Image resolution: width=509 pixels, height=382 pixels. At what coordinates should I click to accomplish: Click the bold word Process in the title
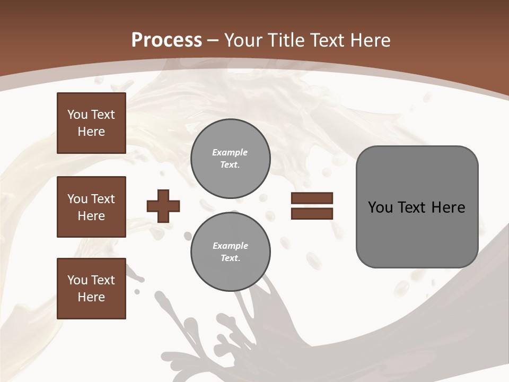166,40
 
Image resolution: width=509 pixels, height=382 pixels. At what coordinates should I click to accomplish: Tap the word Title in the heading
285,40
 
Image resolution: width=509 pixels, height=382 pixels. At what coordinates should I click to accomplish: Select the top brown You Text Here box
91,123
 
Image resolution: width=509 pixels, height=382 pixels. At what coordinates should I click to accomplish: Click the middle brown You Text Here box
91,207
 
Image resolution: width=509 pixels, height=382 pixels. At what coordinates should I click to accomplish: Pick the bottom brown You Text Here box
91,289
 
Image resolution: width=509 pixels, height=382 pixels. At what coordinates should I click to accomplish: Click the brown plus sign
163,206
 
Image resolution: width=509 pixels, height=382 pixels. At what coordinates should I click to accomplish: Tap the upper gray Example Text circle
230,159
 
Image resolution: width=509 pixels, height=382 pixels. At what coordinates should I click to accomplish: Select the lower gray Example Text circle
230,252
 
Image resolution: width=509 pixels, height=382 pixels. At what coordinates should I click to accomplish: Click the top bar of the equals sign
312,198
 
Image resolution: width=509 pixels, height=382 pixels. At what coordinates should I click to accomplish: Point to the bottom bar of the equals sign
312,213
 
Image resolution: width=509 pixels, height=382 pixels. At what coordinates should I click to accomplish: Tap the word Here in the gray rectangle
448,207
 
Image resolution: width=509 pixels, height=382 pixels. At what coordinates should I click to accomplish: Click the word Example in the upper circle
230,152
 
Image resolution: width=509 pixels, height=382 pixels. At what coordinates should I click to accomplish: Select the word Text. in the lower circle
230,258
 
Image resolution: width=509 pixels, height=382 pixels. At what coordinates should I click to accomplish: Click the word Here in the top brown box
91,132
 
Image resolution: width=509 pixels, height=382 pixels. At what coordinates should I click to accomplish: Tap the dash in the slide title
213,40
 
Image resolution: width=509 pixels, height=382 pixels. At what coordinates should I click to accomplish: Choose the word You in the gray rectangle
381,207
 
